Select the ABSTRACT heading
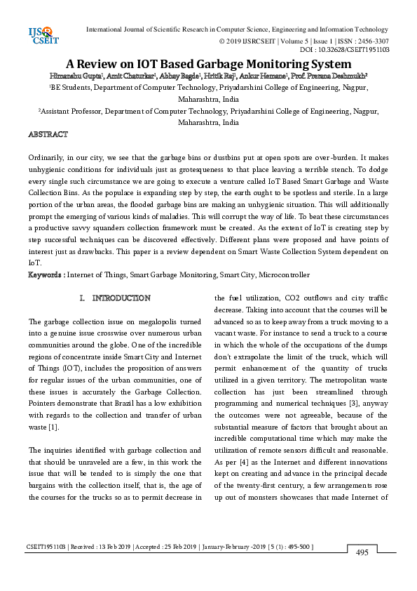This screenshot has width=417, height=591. (48, 133)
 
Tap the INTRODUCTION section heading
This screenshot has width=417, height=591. (121, 298)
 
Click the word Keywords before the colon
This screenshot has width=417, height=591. (46, 274)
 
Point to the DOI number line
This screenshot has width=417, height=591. (344, 50)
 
